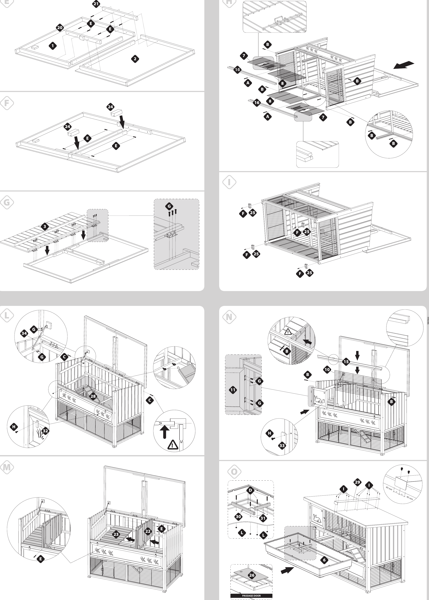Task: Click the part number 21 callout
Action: point(96,4)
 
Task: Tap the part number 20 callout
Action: point(60,27)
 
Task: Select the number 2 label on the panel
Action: point(135,59)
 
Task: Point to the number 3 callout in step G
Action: point(45,226)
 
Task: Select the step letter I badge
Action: point(229,182)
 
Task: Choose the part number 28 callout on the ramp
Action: point(93,396)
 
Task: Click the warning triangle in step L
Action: point(173,445)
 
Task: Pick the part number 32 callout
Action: point(45,431)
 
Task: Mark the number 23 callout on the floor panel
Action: point(116,534)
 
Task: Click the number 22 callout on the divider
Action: point(148,531)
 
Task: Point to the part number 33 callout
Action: point(282,446)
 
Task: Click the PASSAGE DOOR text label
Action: point(251,596)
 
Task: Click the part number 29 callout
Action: point(357,482)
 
